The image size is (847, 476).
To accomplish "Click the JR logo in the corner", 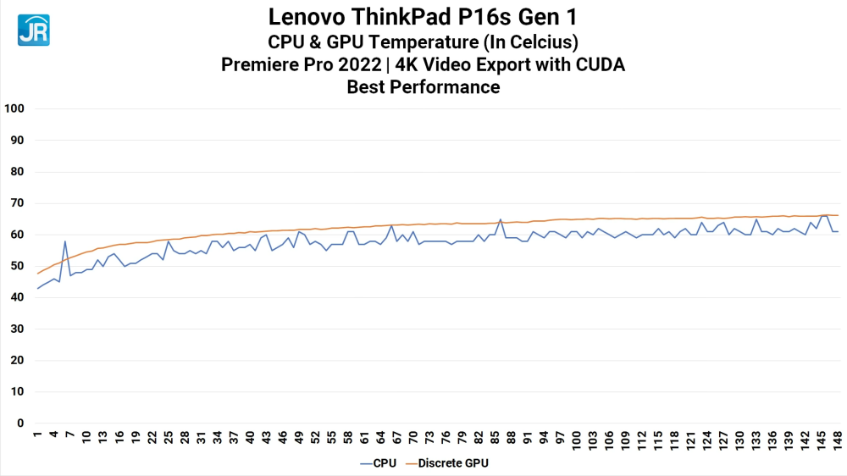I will [33, 30].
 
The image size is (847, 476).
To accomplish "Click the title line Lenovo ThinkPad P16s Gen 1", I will [423, 17].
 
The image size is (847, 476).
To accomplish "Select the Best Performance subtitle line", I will [423, 87].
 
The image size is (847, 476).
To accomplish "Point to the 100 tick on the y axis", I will [14, 108].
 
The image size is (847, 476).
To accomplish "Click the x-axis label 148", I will [836, 440].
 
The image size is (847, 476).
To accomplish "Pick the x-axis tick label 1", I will [37, 437].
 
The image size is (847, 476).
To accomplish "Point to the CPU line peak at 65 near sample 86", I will [501, 219].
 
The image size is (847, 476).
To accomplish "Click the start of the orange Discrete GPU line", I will [38, 273].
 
